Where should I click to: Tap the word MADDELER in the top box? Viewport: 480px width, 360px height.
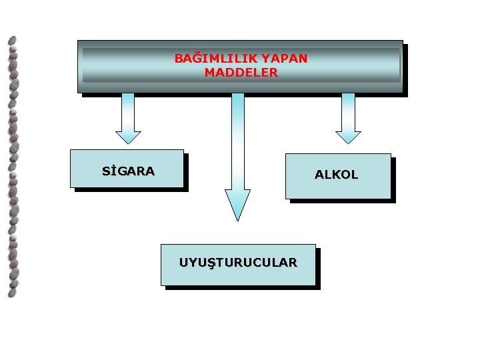241,73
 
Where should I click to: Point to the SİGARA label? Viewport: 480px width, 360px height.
128,171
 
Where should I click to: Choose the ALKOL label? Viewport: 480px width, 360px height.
337,175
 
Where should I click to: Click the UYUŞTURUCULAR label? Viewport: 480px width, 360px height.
238,263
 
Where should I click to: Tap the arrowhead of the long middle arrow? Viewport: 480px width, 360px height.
237,204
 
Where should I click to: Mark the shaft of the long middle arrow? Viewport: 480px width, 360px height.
237,140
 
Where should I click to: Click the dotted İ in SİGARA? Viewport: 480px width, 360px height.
114,171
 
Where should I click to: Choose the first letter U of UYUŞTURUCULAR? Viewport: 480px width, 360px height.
184,263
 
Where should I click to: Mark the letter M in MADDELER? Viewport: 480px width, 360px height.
209,73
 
